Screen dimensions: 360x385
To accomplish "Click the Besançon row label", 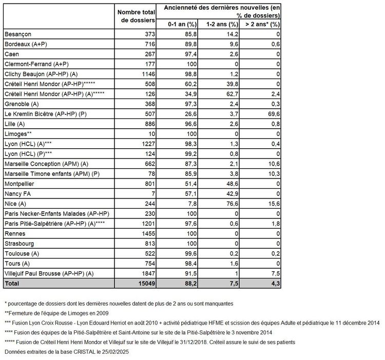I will point(17,34).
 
